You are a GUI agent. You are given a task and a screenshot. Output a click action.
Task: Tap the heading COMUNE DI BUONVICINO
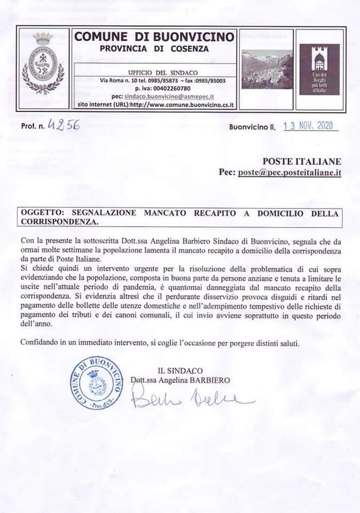[154, 37]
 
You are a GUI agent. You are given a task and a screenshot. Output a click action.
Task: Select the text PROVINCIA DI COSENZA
[154, 50]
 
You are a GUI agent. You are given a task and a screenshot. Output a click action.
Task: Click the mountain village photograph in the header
[267, 69]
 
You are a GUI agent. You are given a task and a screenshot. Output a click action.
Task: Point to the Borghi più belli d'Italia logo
[319, 69]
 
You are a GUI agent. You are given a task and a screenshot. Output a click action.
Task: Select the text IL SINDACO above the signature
[180, 370]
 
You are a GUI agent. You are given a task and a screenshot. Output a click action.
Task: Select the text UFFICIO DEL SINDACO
[155, 72]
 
